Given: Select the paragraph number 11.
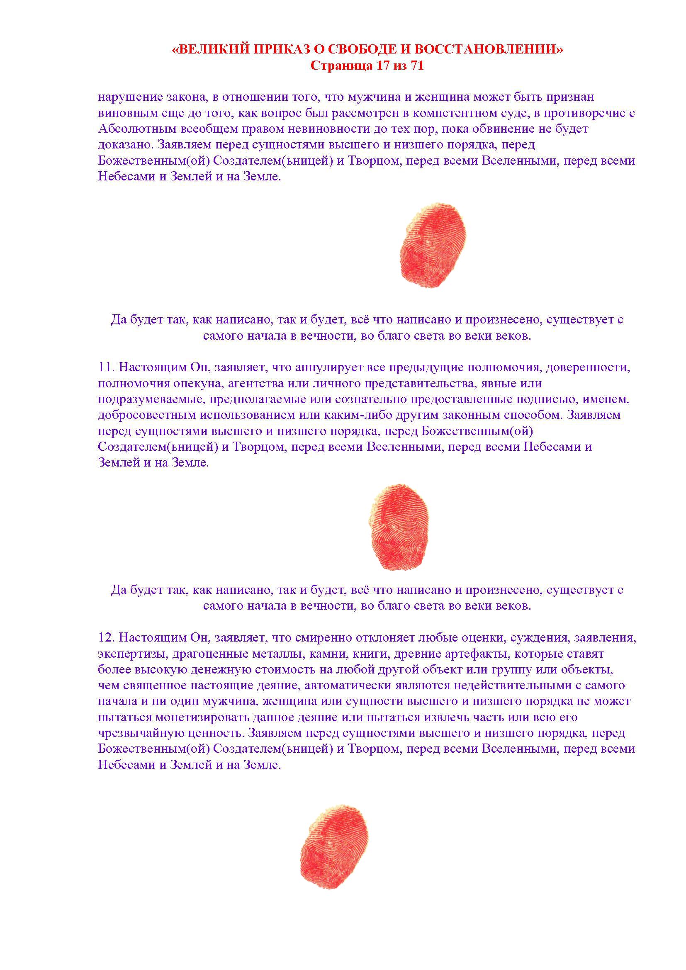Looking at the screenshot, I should point(106,367).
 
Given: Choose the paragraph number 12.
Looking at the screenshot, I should point(106,637).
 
